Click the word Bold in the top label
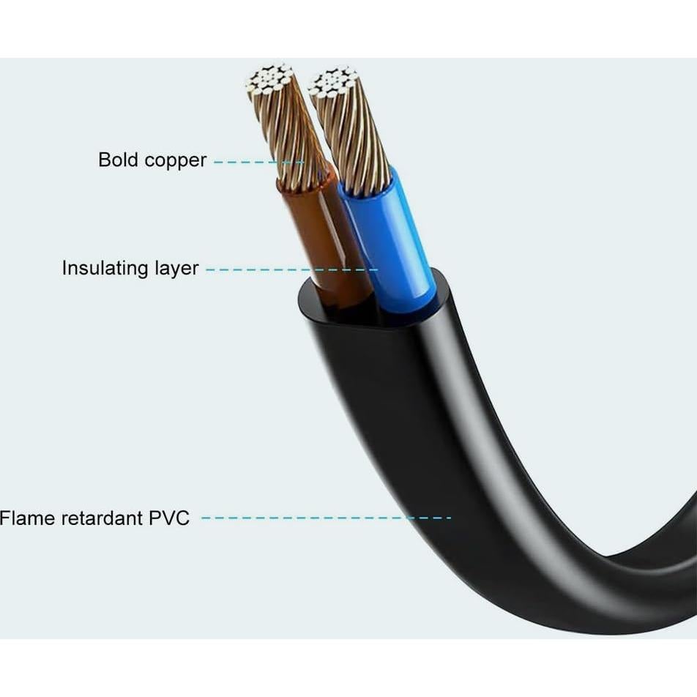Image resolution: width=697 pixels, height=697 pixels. point(118,160)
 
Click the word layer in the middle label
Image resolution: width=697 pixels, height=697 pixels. point(176,269)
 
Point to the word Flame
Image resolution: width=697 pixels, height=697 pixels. point(27,518)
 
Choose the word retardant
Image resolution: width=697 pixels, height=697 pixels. point(102,518)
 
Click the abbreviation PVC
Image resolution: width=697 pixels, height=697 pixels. point(169,518)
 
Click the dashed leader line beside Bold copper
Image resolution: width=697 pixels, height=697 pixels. point(256,161)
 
